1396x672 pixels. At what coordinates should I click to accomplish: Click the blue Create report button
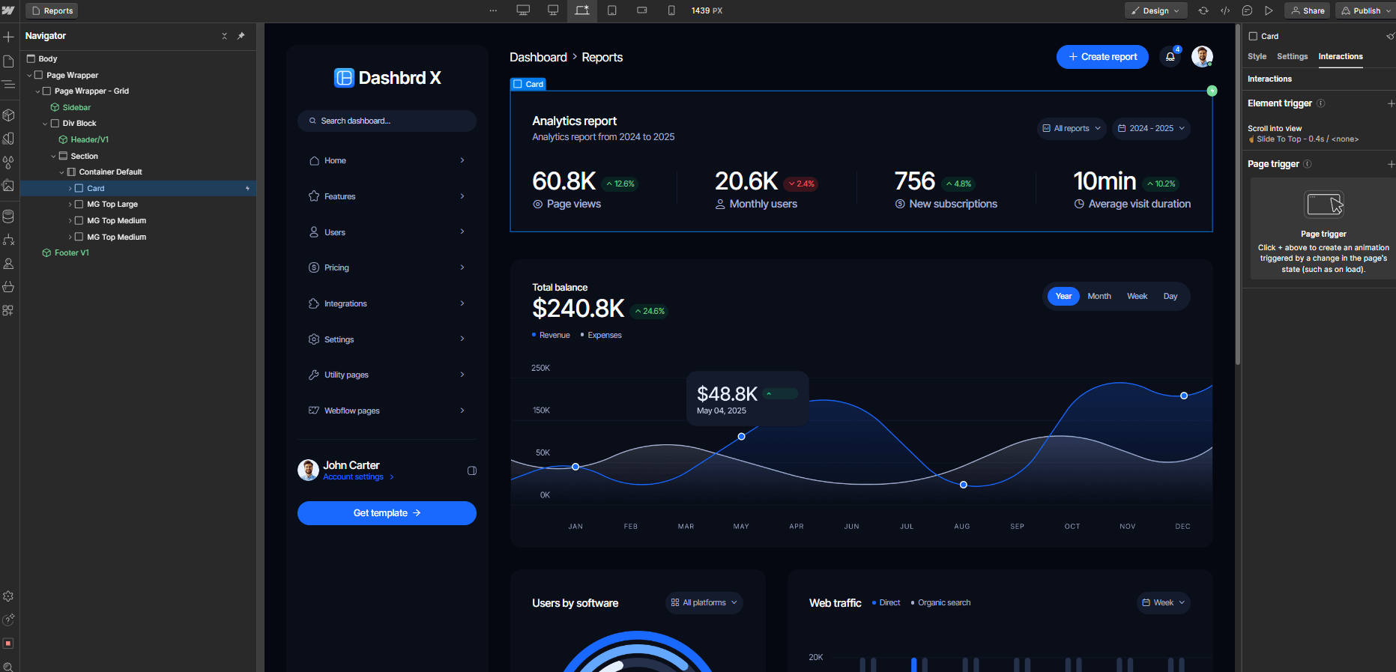[x=1102, y=57]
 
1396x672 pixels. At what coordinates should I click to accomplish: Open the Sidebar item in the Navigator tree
[x=76, y=107]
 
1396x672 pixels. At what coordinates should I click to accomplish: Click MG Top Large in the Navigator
[x=112, y=205]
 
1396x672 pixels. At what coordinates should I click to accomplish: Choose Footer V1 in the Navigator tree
[x=71, y=253]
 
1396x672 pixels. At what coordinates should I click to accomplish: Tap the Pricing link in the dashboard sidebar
[x=336, y=268]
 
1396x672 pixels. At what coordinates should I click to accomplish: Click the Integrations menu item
[x=345, y=304]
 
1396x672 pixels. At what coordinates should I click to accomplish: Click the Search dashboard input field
[x=387, y=121]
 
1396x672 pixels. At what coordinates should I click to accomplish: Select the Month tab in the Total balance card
[x=1099, y=297]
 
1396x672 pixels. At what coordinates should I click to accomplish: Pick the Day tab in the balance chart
[x=1170, y=297]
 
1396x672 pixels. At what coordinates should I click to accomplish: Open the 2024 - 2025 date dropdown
[x=1151, y=129]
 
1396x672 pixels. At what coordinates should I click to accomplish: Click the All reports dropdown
[x=1072, y=129]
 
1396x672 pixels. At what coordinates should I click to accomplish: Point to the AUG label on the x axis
[x=961, y=527]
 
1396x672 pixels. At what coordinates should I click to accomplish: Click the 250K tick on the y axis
[x=540, y=368]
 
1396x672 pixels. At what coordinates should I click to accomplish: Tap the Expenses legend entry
[x=604, y=336]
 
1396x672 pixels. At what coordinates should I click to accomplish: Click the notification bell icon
[x=1170, y=57]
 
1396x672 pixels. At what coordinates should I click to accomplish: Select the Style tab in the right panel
[x=1257, y=57]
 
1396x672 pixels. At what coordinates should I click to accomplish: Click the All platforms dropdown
[x=704, y=603]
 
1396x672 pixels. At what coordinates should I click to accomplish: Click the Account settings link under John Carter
[x=353, y=477]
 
